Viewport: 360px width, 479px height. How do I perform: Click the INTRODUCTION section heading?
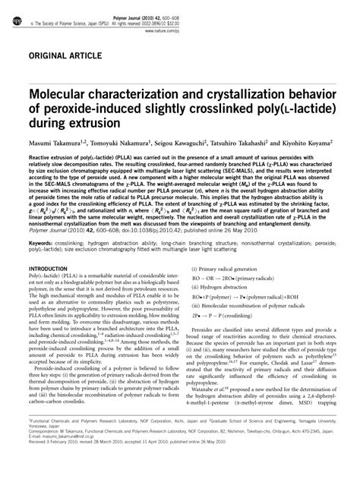coord(46,269)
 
